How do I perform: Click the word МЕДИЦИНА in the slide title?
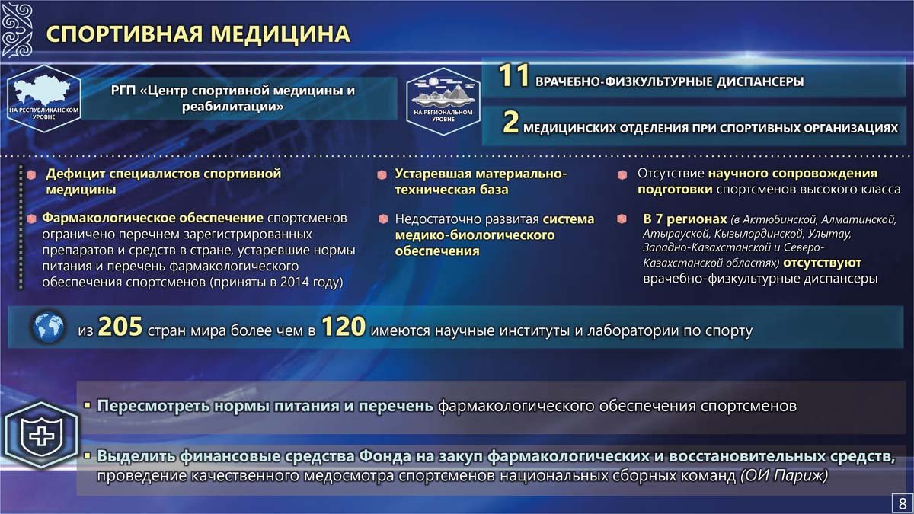[280, 34]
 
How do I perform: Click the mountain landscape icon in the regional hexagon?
[443, 92]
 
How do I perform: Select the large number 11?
[513, 76]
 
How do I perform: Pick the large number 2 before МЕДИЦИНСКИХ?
[510, 122]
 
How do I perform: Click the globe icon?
[49, 327]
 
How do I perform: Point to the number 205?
[120, 327]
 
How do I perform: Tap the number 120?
[344, 327]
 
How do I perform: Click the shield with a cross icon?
[41, 436]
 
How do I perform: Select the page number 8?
[902, 503]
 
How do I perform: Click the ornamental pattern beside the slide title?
[17, 30]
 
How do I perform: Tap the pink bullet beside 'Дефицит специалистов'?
[31, 175]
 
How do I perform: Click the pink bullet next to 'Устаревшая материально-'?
[382, 175]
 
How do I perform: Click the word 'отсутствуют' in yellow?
[822, 263]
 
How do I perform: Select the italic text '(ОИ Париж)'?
[785, 476]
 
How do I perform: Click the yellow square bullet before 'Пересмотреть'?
[88, 406]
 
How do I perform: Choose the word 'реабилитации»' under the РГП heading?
[232, 107]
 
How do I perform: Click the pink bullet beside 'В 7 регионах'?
[622, 219]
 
